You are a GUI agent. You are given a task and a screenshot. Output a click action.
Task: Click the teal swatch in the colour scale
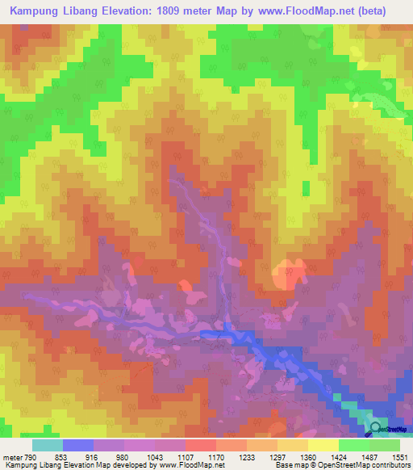[x=48, y=445]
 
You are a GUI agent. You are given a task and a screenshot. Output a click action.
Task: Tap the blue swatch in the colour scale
[x=78, y=445]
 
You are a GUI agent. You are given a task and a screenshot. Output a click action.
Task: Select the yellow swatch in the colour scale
[x=323, y=445]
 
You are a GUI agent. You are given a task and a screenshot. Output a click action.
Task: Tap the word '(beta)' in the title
[x=373, y=11]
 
